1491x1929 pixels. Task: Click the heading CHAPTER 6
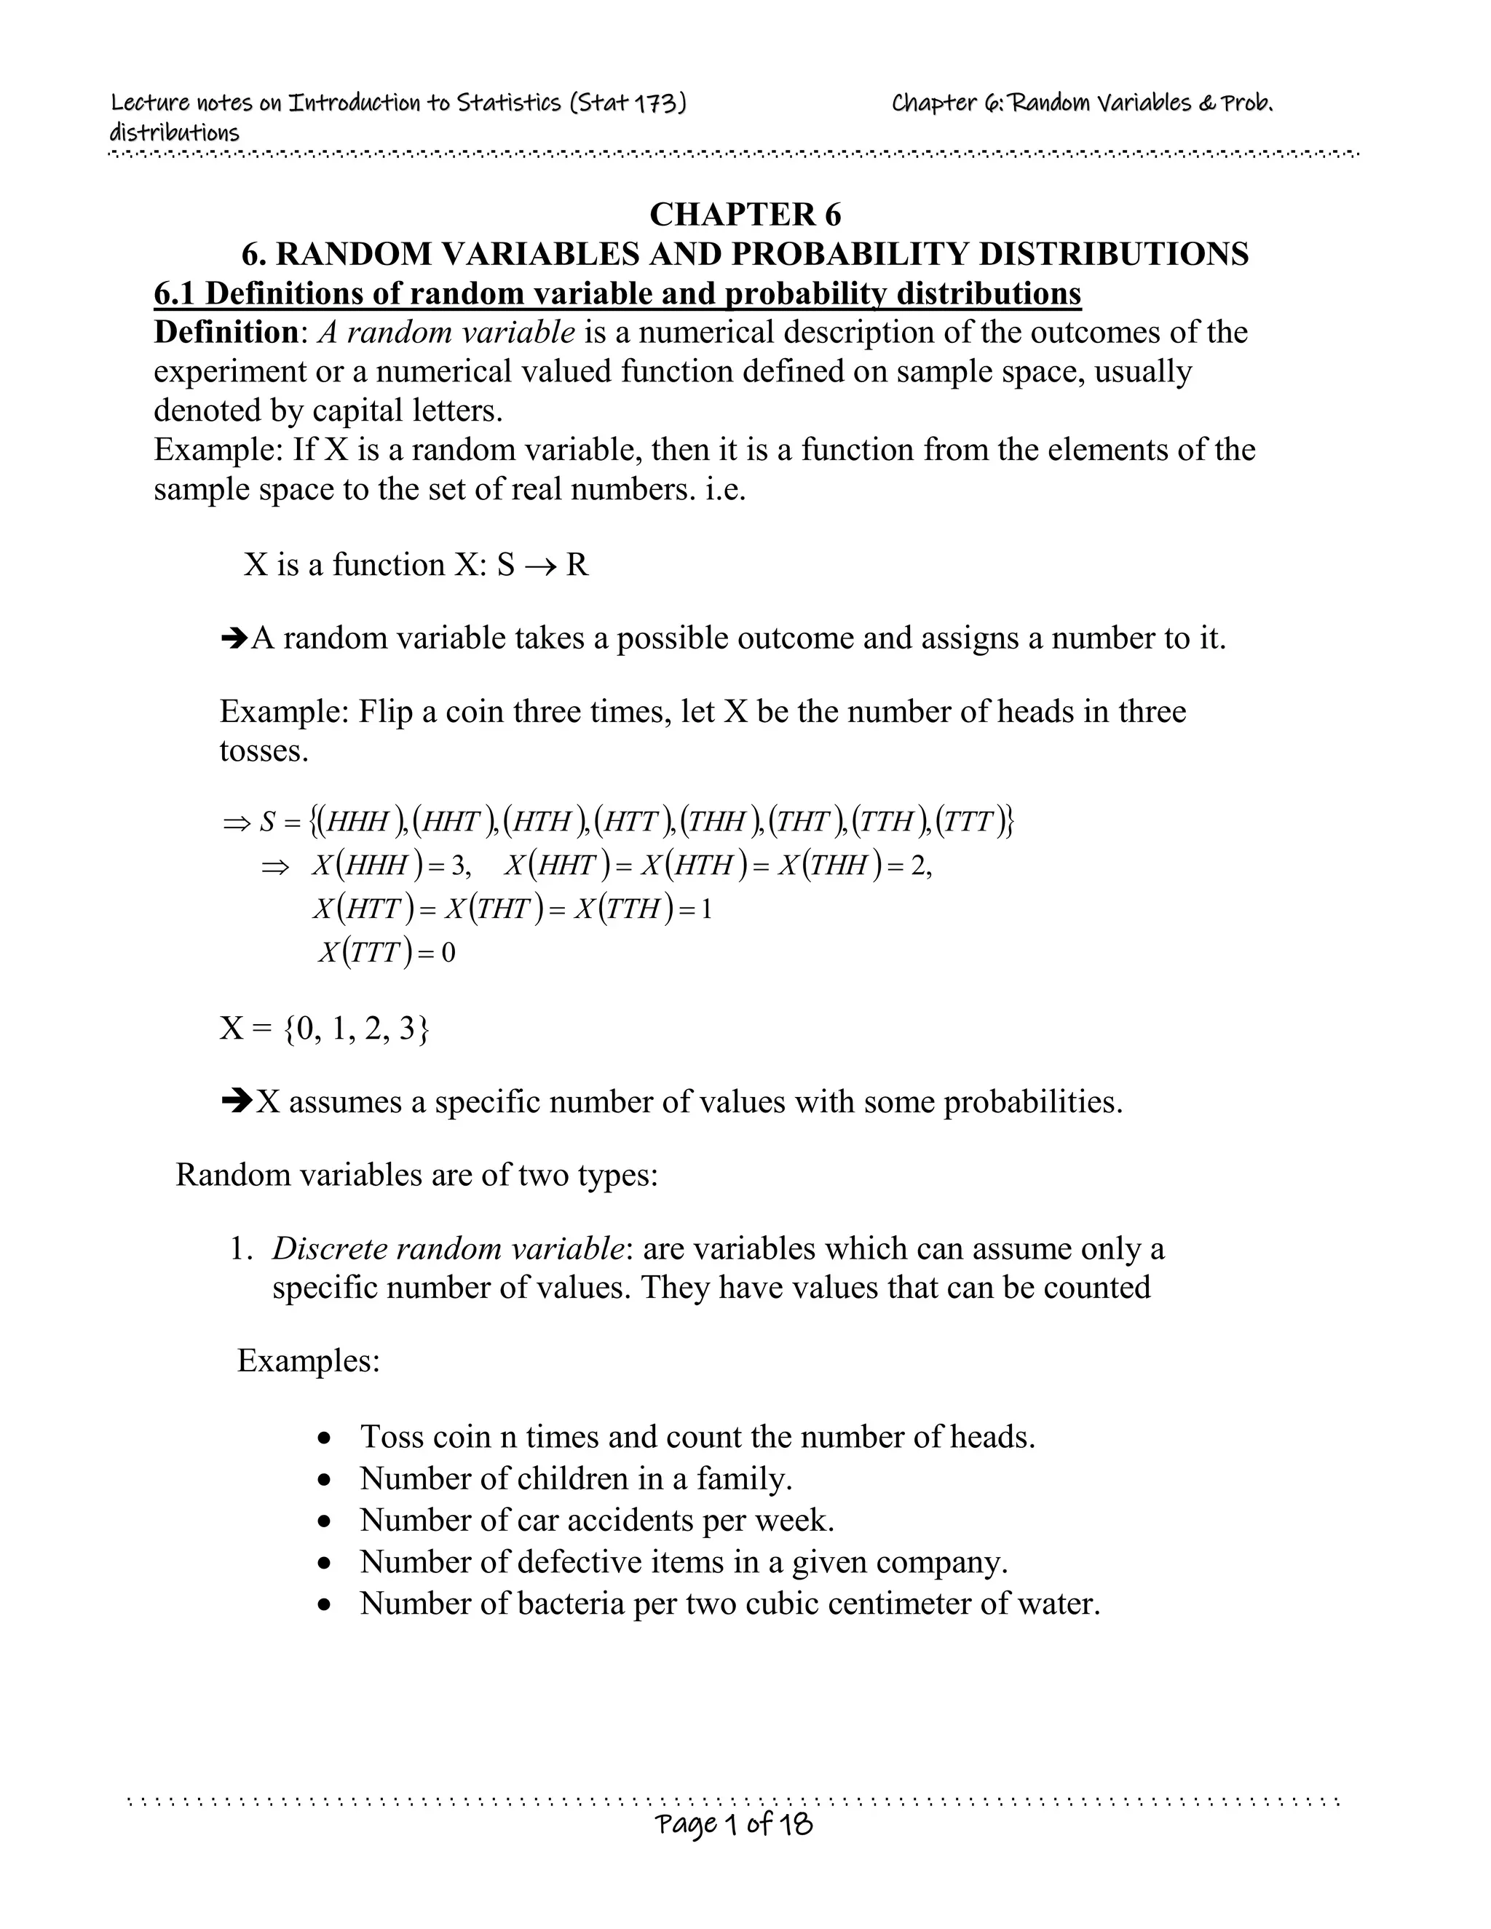745,215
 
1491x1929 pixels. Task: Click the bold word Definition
225,333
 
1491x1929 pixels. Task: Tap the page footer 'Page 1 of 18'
733,1823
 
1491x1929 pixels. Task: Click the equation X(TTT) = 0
386,952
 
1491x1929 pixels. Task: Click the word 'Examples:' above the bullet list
308,1360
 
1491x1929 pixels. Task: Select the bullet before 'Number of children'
327,1479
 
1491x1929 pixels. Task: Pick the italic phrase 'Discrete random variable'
448,1249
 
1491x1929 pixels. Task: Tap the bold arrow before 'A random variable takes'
234,638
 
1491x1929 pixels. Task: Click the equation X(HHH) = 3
390,866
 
